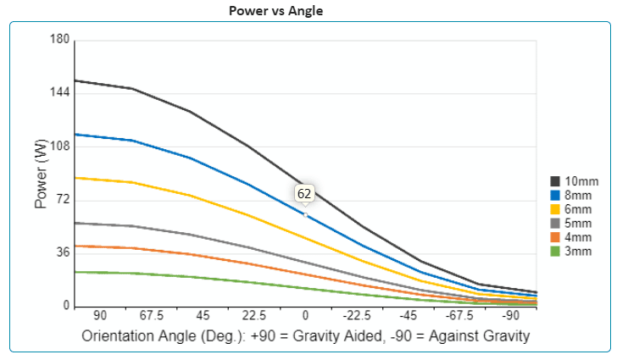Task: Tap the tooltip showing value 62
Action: coord(304,194)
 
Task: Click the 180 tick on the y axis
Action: coord(59,40)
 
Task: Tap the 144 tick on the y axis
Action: coord(59,93)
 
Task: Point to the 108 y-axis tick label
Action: coord(59,147)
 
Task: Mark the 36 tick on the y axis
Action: coord(62,252)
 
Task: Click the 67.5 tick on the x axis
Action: coord(151,315)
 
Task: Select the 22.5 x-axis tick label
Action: coord(254,315)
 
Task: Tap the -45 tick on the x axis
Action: coord(408,315)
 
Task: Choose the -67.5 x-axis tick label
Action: coord(459,315)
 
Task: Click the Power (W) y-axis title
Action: coord(41,174)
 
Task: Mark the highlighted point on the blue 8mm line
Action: coord(305,215)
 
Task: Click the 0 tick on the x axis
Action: coord(305,315)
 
